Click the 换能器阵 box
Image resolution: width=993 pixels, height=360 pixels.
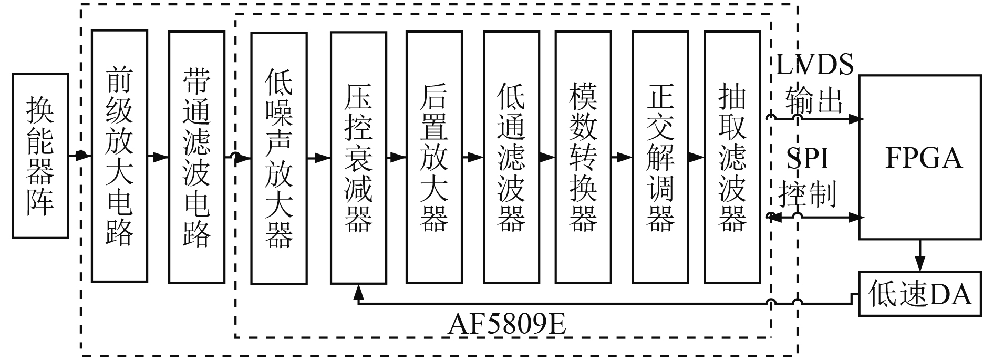(x=40, y=156)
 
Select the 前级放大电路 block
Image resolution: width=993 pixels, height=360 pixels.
(x=119, y=156)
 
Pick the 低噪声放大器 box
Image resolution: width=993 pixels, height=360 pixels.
(x=279, y=158)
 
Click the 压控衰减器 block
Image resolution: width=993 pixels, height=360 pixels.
(x=358, y=158)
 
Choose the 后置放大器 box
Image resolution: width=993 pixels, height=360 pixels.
(x=434, y=158)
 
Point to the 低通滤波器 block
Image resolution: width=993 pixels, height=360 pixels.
(x=511, y=158)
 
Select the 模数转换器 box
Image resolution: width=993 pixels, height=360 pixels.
(x=583, y=158)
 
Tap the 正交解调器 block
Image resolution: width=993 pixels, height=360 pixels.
(x=660, y=158)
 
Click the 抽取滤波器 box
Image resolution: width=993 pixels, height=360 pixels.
(x=732, y=158)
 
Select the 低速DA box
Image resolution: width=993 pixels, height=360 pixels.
(x=920, y=294)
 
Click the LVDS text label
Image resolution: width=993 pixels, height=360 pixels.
(x=815, y=66)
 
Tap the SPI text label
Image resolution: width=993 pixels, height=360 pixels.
(x=808, y=157)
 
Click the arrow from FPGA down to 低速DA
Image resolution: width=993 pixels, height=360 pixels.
(x=920, y=255)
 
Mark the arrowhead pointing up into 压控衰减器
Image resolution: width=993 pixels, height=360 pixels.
(x=358, y=292)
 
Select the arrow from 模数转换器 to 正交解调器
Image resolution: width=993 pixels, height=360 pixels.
(x=622, y=157)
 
